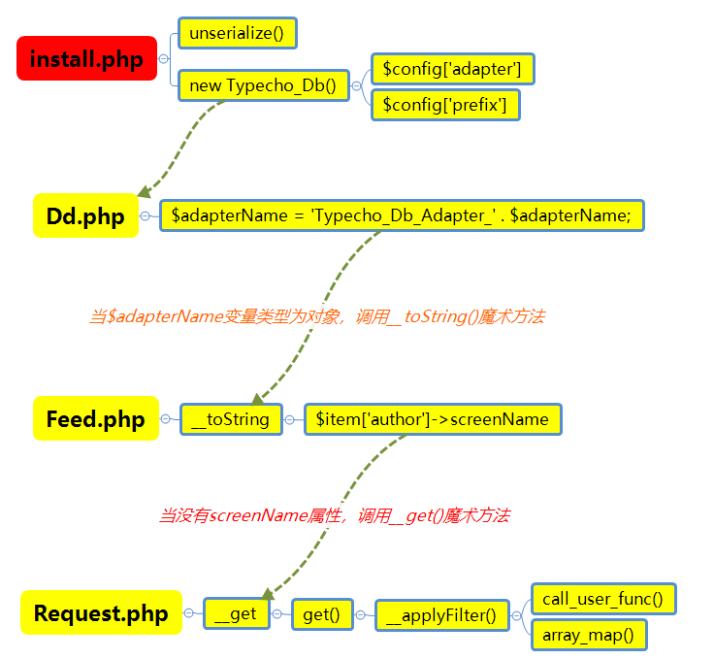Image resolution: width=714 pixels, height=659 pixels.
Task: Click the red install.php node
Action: pos(86,58)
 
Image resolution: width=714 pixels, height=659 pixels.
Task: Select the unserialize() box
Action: pos(237,33)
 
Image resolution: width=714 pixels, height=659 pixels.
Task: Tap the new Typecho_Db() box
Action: pos(263,85)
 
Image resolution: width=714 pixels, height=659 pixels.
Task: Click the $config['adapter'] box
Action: pos(452,69)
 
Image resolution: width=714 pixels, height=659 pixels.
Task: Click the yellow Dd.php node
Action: pos(85,215)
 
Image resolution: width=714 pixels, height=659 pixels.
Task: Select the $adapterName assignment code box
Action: pos(402,215)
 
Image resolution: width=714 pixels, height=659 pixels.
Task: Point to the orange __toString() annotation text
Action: pos(316,316)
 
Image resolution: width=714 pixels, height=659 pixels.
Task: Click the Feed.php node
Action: pos(95,418)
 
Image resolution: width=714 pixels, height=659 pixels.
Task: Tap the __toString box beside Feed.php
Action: pos(231,419)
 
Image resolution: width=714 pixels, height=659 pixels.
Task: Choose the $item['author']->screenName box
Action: pos(432,419)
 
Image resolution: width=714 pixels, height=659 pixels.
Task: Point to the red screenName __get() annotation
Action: pos(334,515)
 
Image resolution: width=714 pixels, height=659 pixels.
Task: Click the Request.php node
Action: pos(101,612)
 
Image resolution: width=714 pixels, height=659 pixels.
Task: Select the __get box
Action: pos(236,613)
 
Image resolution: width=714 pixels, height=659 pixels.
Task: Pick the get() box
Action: pos(321,614)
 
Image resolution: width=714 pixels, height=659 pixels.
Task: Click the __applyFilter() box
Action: pos(441,614)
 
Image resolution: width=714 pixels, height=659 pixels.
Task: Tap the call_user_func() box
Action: pos(602,599)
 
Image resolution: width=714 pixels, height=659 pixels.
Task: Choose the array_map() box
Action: pos(588,635)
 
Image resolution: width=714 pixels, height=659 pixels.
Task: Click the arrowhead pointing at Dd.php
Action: pos(145,192)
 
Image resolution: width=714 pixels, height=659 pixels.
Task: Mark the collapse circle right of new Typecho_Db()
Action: pos(357,85)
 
